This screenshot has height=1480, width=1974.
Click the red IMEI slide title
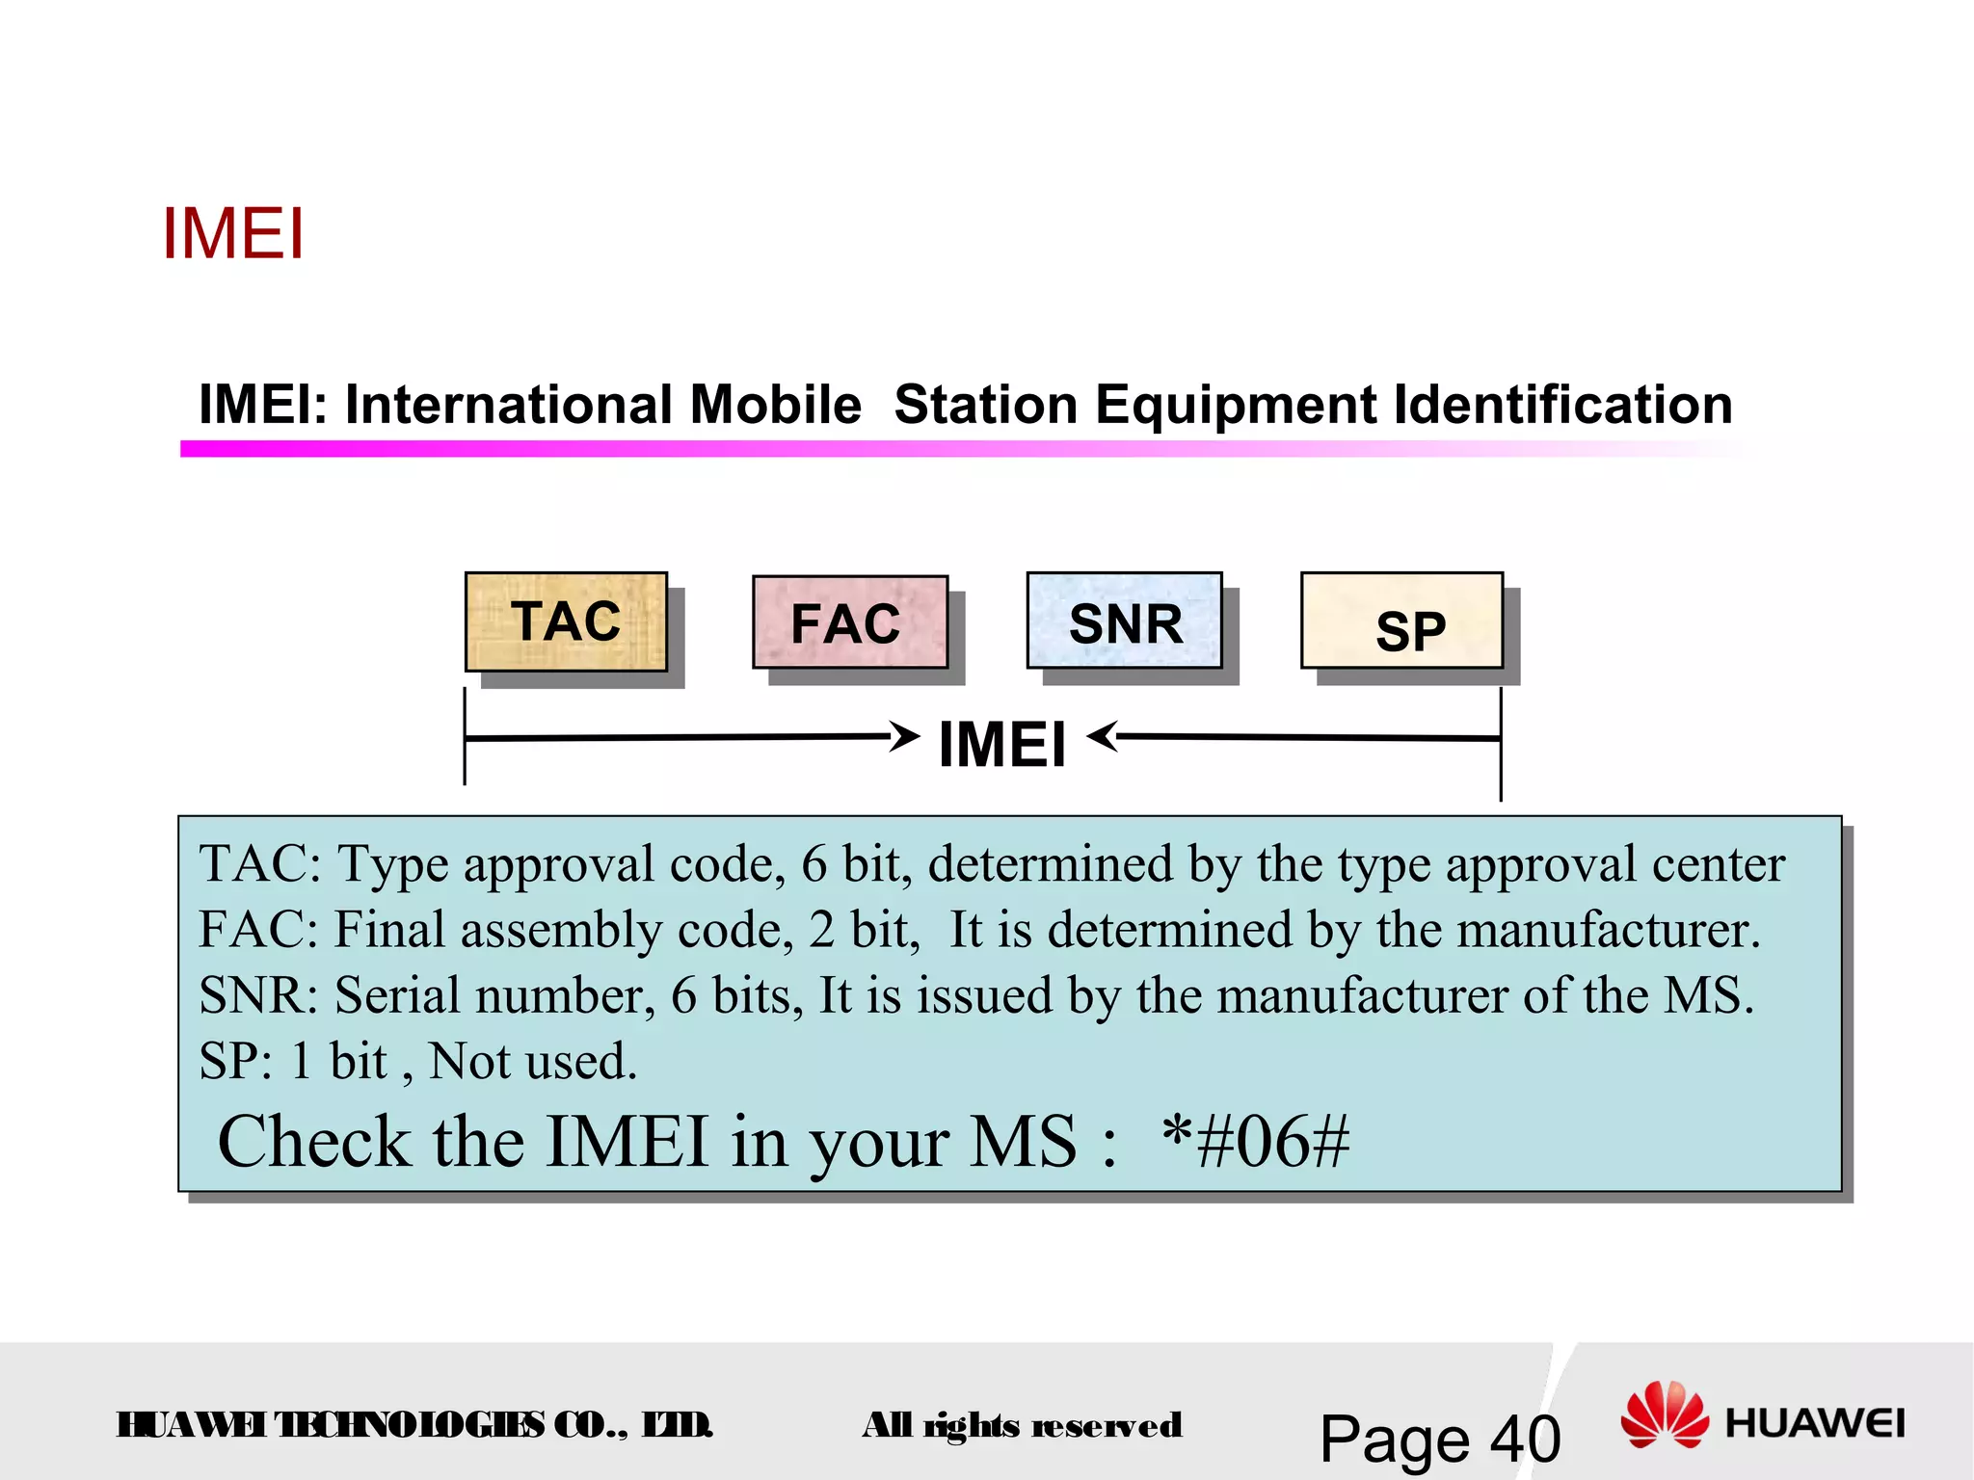[233, 234]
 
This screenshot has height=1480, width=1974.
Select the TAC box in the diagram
[566, 621]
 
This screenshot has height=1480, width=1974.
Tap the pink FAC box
[849, 622]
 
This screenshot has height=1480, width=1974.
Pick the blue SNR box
[1124, 621]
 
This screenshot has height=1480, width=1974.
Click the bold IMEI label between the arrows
[1002, 745]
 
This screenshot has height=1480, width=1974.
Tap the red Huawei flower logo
[1665, 1414]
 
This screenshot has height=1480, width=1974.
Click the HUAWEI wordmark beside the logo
[1814, 1423]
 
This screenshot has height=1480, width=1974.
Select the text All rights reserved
[1022, 1425]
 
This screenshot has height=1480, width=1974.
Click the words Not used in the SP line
[532, 1061]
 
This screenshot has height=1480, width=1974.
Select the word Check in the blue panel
[314, 1142]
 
